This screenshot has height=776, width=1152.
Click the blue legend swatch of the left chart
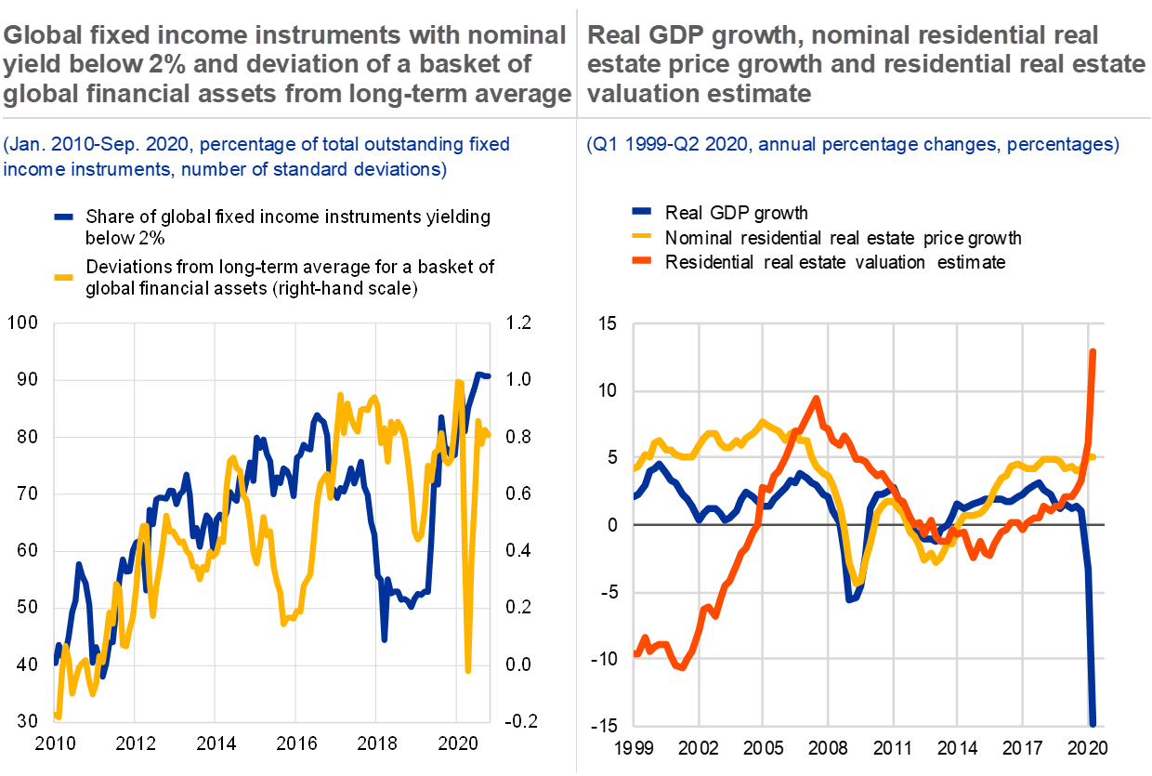[63, 217]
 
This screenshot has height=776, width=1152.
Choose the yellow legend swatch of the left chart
[63, 276]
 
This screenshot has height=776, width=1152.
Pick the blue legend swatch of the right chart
[641, 211]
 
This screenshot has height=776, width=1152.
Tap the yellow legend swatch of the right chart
[641, 235]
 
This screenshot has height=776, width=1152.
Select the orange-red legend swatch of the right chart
[641, 259]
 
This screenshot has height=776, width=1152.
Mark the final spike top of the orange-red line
[1094, 351]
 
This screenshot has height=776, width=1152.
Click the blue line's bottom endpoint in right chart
[1093, 723]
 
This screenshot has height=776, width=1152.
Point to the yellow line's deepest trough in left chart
[468, 669]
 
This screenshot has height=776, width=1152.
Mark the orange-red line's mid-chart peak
[816, 399]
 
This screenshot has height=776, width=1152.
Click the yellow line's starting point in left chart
[58, 716]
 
